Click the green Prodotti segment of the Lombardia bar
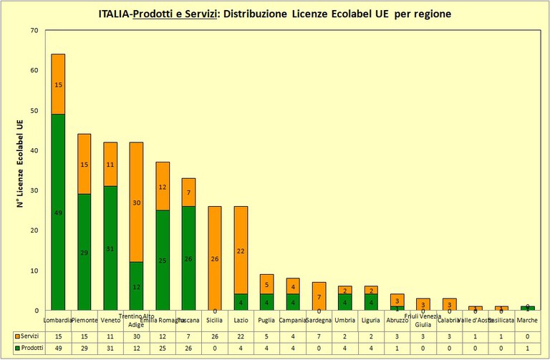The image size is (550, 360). [58, 212]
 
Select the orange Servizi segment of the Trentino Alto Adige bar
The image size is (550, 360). [136, 202]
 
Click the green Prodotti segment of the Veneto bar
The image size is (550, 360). [110, 248]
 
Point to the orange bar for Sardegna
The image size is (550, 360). [318, 296]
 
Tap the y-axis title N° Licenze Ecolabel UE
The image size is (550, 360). [21, 170]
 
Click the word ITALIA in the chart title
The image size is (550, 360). [116, 14]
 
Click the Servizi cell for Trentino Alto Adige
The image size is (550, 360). [136, 336]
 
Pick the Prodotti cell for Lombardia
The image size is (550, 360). [58, 348]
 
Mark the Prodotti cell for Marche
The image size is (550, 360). [527, 348]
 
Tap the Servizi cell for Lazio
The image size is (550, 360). [240, 336]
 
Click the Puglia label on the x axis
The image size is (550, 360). [266, 321]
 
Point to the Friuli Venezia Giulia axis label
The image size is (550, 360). [423, 320]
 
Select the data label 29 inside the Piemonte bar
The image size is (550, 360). [85, 253]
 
